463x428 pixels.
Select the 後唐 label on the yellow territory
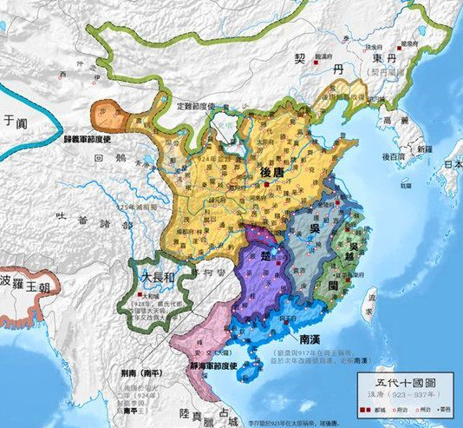(272, 173)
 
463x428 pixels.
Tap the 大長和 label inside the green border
(160, 277)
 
